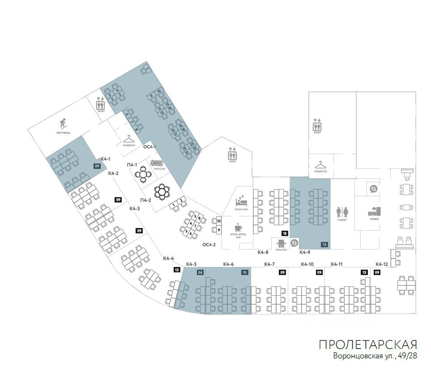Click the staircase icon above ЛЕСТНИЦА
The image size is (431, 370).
[x=63, y=123]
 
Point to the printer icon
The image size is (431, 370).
[x=282, y=243]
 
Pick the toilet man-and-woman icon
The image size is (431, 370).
[x=342, y=211]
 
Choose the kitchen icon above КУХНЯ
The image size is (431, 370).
[x=374, y=211]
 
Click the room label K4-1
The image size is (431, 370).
[x=106, y=159]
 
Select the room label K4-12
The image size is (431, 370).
[x=381, y=264]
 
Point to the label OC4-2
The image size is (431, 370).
[x=209, y=245]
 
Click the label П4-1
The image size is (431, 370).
[x=132, y=165]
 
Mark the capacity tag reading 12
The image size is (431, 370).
[x=324, y=245]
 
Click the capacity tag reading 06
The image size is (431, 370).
[x=201, y=272]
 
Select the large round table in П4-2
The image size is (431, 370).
[x=161, y=192]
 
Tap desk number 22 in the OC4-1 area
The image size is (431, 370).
[x=195, y=148]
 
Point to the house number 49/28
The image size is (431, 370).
[x=406, y=357]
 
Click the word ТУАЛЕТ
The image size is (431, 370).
[x=342, y=220]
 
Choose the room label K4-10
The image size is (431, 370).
[x=307, y=264]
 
